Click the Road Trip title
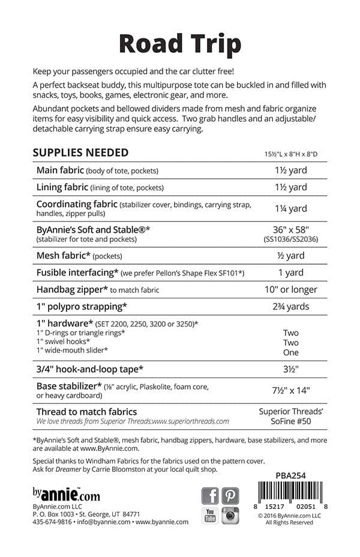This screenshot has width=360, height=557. tap(180, 44)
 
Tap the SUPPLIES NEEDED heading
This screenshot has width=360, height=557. tap(80, 152)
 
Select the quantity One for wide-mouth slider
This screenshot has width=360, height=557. tap(290, 352)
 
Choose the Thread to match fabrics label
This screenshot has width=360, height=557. tap(86, 412)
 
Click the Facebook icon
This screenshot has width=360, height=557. tap(210, 496)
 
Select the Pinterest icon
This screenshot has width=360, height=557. tap(230, 496)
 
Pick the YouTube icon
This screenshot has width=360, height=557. tap(210, 516)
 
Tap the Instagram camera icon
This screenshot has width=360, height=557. tap(230, 516)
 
